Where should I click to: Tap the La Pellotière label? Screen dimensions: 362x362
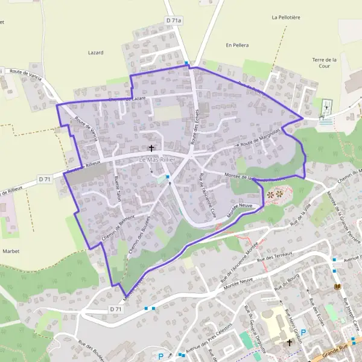click(287, 17)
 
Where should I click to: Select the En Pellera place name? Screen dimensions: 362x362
click(237, 45)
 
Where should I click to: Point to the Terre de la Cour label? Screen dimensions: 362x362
click(324, 63)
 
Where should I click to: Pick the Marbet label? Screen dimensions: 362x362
click(11, 250)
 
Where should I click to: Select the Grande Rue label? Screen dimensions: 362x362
click(339, 349)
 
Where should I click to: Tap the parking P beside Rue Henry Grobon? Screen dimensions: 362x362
click(303, 332)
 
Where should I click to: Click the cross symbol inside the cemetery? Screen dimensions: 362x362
click(326, 108)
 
